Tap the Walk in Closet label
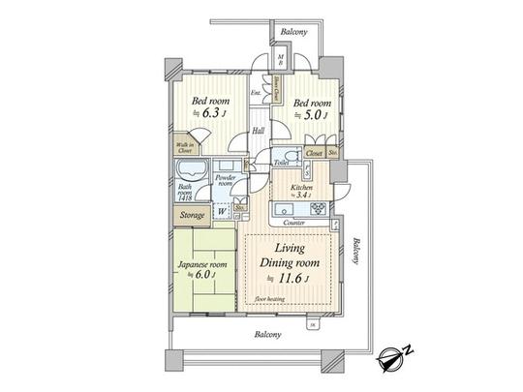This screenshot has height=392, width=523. click(x=184, y=148)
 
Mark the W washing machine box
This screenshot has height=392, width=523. click(x=222, y=212)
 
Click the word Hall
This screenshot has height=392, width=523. click(x=259, y=131)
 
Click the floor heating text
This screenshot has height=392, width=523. click(x=272, y=301)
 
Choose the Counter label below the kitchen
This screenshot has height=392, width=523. click(x=294, y=223)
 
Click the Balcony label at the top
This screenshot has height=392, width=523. click(x=294, y=31)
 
